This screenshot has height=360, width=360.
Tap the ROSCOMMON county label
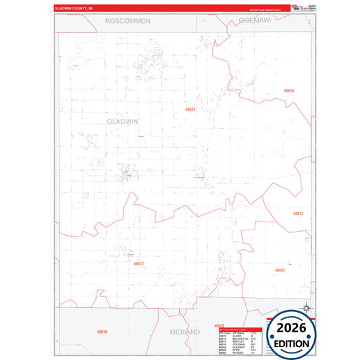(x=128, y=22)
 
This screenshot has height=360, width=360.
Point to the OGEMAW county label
(x=254, y=22)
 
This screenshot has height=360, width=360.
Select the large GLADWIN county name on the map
(x=123, y=121)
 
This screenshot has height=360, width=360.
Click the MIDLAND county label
(x=184, y=333)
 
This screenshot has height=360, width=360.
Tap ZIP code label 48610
(x=289, y=91)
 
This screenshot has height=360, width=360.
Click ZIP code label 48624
(x=190, y=109)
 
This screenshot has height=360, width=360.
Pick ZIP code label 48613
(x=298, y=213)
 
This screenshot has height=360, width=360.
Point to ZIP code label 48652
(x=280, y=270)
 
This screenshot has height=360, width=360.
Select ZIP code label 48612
(x=138, y=263)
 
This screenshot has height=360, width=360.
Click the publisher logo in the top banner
(x=299, y=7)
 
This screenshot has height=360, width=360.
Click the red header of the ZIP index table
(x=236, y=330)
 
